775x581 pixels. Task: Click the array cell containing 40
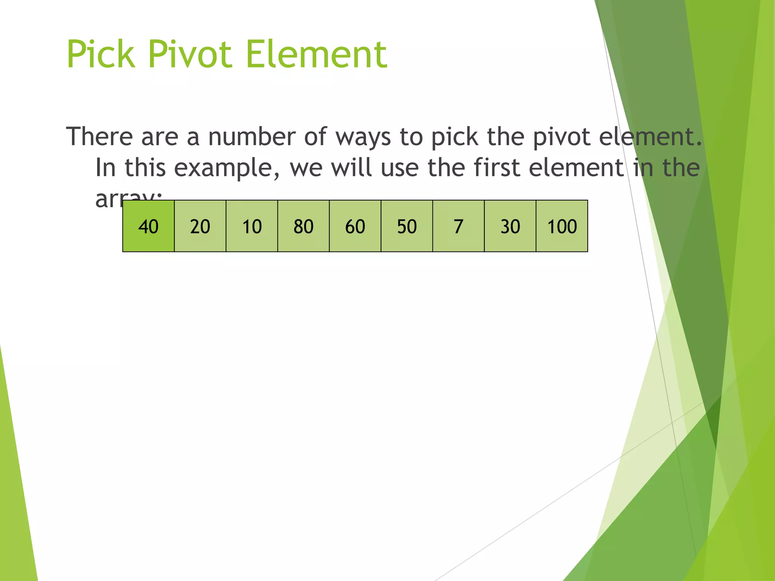[148, 226]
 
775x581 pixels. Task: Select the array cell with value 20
[200, 226]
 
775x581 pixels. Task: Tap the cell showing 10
[252, 226]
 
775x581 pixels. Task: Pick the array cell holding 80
[303, 226]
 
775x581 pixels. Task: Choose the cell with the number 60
[355, 226]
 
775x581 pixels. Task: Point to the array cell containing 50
[407, 226]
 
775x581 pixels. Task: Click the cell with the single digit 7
[458, 226]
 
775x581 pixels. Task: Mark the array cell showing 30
[510, 226]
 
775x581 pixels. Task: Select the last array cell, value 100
[562, 226]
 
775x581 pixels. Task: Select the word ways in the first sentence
[363, 137]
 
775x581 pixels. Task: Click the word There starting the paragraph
[100, 137]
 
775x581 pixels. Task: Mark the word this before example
[145, 167]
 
